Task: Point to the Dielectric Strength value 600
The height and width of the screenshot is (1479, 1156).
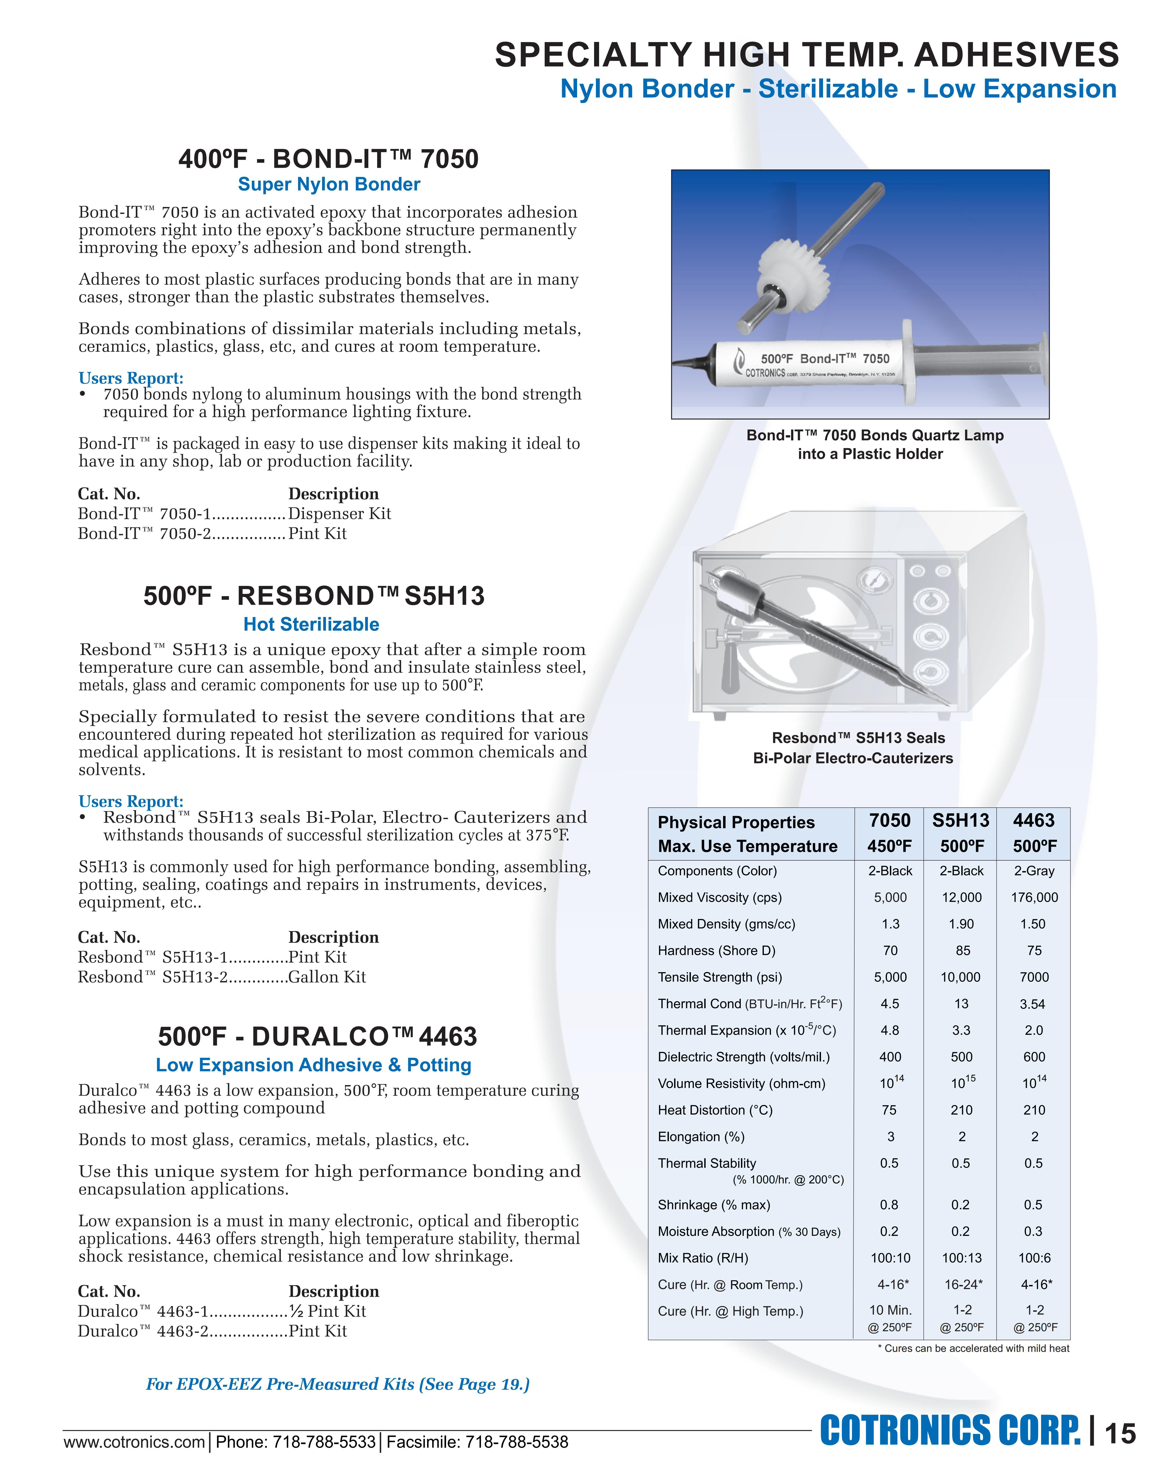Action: (1034, 1057)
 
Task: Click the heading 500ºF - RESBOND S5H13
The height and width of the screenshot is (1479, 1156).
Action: (313, 596)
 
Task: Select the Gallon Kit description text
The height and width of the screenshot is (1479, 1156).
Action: (327, 977)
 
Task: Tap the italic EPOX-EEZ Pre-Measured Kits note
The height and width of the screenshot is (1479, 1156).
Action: (337, 1384)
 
